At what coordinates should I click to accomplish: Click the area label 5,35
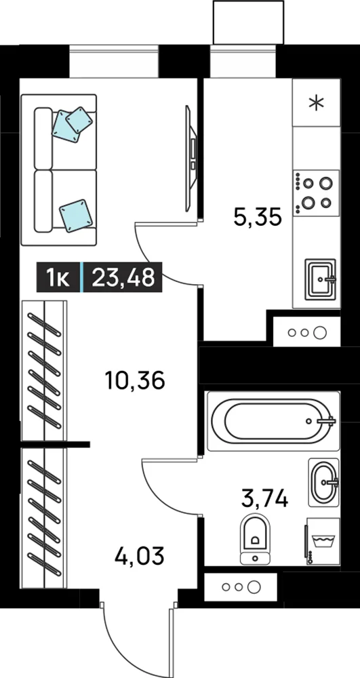pos(258,217)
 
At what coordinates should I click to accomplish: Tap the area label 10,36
pos(135,380)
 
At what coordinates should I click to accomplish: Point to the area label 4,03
pos(140,555)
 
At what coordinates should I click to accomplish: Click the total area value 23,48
pos(123,277)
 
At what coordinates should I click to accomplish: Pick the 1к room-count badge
pos(58,277)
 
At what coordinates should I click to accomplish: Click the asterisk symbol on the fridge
pos(317,102)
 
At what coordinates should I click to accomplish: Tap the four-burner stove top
pos(317,193)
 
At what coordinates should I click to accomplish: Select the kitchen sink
pos(320,279)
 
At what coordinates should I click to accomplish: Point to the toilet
pos(256,539)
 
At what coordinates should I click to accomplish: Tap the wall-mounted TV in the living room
pos(191,158)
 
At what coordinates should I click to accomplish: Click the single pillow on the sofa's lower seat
pos(77,216)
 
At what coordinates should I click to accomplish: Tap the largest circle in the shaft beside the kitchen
pos(320,332)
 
